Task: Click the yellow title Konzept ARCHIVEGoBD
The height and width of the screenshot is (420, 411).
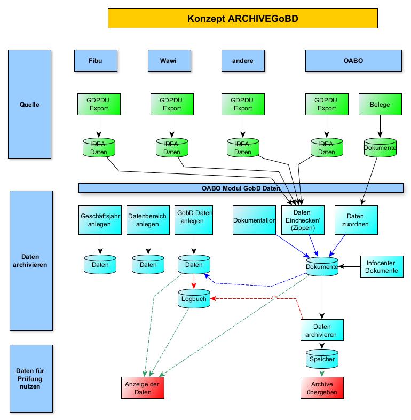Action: [242, 19]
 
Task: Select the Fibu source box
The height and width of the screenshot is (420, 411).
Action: [95, 60]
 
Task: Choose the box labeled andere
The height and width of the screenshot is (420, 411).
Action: [242, 60]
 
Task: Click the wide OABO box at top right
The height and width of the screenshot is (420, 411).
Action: [353, 60]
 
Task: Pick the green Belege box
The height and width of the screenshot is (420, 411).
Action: [380, 105]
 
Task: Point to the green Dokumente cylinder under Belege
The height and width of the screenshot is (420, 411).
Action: [380, 147]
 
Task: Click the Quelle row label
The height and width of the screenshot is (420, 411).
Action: [29, 104]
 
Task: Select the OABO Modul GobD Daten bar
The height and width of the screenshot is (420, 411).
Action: [241, 188]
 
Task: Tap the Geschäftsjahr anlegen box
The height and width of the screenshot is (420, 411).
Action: [100, 220]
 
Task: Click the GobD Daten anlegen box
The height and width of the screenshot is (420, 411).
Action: [194, 220]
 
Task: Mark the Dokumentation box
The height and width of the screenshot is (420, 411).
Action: [254, 220]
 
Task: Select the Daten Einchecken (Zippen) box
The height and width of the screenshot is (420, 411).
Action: [302, 220]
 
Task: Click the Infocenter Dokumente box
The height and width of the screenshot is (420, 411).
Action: [381, 267]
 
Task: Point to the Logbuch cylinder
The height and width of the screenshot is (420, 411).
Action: [194, 300]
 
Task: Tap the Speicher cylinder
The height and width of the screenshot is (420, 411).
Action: [322, 359]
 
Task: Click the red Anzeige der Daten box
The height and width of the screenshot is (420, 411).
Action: [142, 388]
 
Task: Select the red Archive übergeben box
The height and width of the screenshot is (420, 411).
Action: [322, 388]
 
